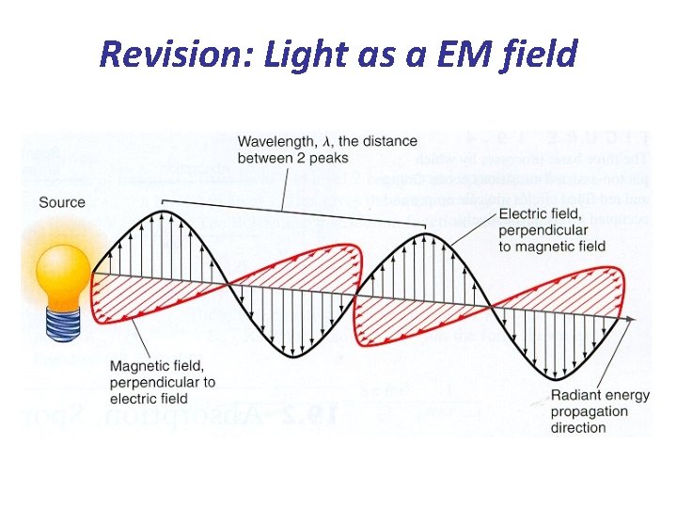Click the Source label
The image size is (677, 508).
[x=62, y=202]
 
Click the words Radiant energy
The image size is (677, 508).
[x=600, y=395]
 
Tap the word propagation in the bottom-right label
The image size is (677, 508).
[x=589, y=411]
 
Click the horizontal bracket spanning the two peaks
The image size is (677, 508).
[x=293, y=199]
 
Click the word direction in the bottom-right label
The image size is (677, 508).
[x=579, y=427]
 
